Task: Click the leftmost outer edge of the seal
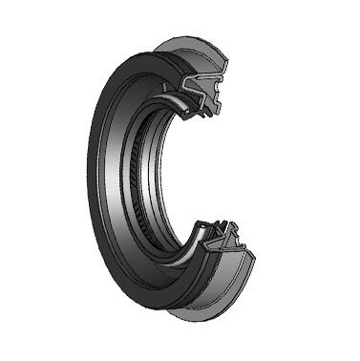[92, 181]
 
